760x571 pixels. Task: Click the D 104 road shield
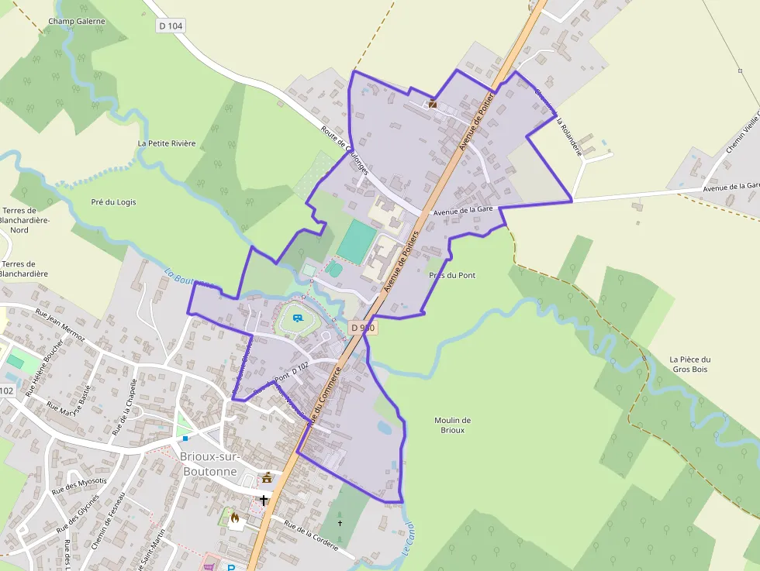[x=171, y=26]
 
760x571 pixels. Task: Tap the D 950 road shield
[x=363, y=328]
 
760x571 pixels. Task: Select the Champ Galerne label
[x=76, y=21]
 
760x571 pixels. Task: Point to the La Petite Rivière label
[x=167, y=143]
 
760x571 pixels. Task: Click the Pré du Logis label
[x=113, y=202]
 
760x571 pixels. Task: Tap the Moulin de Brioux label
[x=452, y=425]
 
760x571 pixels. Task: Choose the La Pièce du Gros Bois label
[x=689, y=364]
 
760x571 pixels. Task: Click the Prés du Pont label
[x=452, y=275]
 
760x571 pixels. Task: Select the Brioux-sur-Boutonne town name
[x=209, y=463]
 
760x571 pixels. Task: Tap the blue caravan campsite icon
[x=298, y=318]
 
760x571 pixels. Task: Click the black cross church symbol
[x=264, y=500]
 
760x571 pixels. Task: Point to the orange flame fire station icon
[x=235, y=518]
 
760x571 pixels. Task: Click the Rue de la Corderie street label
[x=311, y=535]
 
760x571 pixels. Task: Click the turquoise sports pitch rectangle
[x=356, y=240]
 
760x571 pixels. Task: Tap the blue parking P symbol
[x=230, y=567]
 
